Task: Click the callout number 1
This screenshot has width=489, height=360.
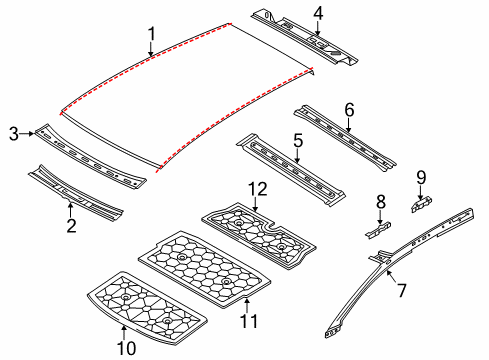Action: click(x=152, y=34)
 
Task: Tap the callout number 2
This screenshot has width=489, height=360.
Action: click(x=71, y=226)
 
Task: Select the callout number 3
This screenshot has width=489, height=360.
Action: click(x=14, y=134)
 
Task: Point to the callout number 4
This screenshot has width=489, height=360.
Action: click(x=318, y=14)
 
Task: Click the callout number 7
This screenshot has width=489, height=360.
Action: click(x=402, y=290)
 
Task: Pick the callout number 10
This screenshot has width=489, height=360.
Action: click(x=127, y=349)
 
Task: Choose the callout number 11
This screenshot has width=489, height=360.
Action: click(x=249, y=321)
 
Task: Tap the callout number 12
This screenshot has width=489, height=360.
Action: click(x=258, y=189)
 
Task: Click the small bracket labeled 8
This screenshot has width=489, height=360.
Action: click(x=378, y=230)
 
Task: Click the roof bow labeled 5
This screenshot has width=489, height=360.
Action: click(x=290, y=170)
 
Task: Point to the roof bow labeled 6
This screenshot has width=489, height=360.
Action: click(x=345, y=138)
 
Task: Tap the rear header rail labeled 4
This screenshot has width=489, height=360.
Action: click(x=304, y=38)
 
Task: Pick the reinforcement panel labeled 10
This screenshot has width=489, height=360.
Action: click(x=147, y=308)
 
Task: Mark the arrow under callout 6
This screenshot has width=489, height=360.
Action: click(x=348, y=125)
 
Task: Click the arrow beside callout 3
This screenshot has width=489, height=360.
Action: click(x=27, y=134)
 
